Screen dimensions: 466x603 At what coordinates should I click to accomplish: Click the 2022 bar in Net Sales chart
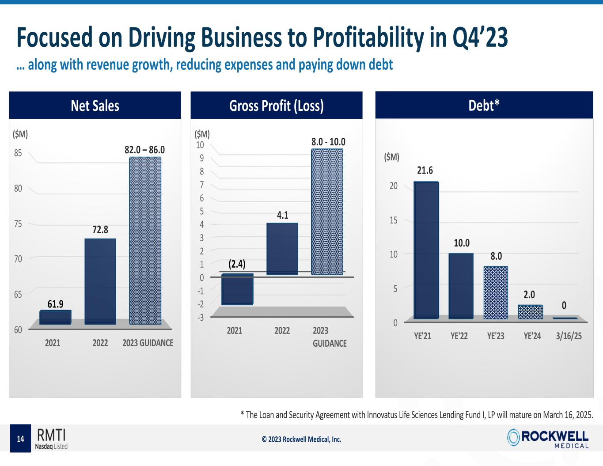(100, 281)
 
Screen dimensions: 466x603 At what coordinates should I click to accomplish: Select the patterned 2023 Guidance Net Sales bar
(145, 241)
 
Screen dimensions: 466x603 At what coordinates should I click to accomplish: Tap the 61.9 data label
(55, 304)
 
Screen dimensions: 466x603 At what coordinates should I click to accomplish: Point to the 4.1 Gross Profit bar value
(282, 215)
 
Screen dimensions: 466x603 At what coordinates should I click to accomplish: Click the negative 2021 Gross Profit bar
(237, 289)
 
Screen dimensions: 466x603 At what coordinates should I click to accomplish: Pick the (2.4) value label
(237, 264)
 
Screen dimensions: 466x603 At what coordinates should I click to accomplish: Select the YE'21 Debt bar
(426, 250)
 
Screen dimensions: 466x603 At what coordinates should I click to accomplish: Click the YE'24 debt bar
(530, 312)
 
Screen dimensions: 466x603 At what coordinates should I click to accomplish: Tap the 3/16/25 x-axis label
(569, 336)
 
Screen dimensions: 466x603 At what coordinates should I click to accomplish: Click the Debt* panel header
(484, 105)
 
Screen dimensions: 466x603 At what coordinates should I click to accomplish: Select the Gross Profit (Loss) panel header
(277, 106)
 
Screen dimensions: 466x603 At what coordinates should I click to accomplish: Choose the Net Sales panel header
(95, 106)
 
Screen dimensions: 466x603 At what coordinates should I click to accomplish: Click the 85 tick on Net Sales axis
(18, 153)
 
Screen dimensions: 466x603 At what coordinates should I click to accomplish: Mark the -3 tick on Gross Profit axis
(201, 317)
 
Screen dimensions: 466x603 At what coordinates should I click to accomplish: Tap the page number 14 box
(20, 439)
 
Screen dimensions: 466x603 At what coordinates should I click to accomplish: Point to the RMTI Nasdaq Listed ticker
(52, 438)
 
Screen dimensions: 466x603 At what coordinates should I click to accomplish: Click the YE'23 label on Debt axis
(496, 336)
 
